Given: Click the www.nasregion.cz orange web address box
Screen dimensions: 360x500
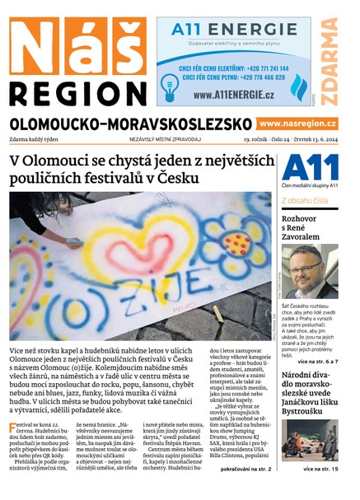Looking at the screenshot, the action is pyautogui.click(x=297, y=124).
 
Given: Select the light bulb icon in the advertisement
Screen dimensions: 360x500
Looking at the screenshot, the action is pyautogui.click(x=171, y=84).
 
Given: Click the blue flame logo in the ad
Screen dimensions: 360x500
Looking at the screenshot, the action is pyautogui.click(x=299, y=84).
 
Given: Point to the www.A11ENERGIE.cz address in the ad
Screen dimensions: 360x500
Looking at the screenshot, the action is pyautogui.click(x=234, y=96).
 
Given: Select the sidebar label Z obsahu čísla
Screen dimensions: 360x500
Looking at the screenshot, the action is pyautogui.click(x=305, y=200).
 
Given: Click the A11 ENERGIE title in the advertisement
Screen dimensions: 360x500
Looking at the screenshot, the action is pyautogui.click(x=233, y=30).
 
